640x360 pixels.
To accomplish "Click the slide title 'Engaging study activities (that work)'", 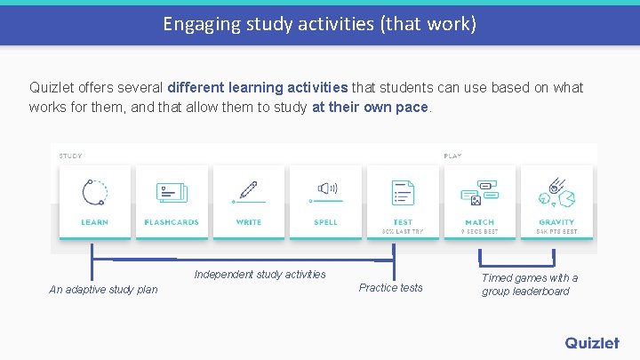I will (x=319, y=24).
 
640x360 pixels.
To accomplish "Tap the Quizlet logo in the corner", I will (x=591, y=342).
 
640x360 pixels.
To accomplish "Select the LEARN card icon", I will (x=94, y=192).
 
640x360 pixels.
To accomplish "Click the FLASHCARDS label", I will (x=172, y=222).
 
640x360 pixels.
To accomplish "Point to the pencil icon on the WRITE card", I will (x=248, y=191).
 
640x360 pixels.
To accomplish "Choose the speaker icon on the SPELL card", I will (x=326, y=188).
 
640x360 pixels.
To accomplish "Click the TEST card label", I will (x=403, y=222).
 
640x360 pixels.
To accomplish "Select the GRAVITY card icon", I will (x=556, y=192).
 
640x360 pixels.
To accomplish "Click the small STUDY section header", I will (x=70, y=156).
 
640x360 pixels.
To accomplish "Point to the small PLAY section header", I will (x=452, y=156).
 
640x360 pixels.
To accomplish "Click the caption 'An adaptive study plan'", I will (x=103, y=290).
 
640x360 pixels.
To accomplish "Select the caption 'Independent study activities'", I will (x=260, y=275).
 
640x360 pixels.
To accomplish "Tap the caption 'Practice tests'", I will (x=391, y=288).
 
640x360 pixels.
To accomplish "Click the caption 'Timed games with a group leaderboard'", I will (x=530, y=284).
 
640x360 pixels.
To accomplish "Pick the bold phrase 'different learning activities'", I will (x=258, y=87).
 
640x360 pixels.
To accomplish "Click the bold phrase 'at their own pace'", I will (x=371, y=107).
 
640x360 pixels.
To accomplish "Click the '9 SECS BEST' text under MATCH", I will (x=480, y=231).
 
